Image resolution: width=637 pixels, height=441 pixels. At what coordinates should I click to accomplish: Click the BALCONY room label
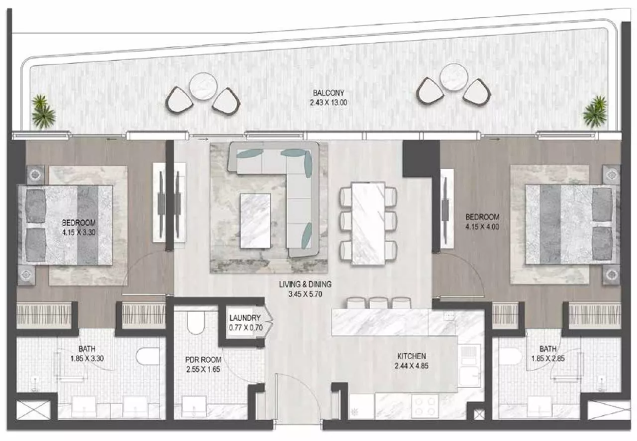[328, 93]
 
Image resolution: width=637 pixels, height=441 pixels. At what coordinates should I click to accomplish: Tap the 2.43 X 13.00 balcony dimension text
[328, 102]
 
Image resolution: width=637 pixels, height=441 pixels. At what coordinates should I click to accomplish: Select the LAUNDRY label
[245, 318]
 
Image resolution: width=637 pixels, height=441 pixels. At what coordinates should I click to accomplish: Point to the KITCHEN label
[412, 356]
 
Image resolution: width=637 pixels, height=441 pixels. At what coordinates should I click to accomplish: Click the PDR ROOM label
[203, 359]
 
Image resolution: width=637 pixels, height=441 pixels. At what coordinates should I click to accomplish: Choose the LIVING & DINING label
[305, 284]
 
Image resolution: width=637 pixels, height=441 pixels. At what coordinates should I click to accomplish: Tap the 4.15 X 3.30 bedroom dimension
[79, 232]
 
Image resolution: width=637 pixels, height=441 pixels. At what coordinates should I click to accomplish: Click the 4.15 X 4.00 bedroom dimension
[482, 227]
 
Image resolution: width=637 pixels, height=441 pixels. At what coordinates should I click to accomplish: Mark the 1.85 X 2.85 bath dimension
[548, 358]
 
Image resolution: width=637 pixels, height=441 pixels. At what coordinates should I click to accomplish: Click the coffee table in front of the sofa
[255, 221]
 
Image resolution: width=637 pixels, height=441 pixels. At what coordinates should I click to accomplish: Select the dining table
[368, 223]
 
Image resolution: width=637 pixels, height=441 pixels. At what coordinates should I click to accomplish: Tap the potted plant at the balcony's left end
[43, 112]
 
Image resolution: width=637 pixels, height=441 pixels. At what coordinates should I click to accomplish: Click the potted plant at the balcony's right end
[595, 112]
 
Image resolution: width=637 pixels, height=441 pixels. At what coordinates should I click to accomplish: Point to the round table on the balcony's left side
[203, 87]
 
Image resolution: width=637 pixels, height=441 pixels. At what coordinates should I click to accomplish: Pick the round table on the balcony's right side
[453, 77]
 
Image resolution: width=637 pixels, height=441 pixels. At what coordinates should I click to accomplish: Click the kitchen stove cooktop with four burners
[425, 406]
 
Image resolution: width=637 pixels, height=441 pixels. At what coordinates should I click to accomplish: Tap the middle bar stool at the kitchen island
[379, 303]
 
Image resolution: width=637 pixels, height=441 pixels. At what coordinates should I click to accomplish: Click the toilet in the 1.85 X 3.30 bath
[148, 356]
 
